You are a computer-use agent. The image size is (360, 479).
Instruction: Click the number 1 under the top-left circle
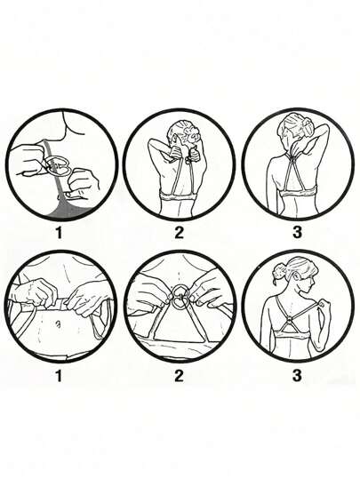(x=59, y=234)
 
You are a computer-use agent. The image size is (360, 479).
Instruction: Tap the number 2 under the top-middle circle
(x=179, y=233)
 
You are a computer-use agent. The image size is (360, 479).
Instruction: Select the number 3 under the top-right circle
(x=297, y=232)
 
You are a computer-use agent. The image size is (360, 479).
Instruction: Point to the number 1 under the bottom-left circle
(x=59, y=375)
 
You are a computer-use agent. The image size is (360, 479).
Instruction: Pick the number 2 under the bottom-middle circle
(x=179, y=375)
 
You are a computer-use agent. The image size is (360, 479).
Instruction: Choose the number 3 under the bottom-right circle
(x=297, y=375)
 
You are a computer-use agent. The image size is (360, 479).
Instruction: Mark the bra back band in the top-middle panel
(x=178, y=196)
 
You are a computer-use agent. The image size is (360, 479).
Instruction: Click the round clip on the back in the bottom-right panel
(x=291, y=322)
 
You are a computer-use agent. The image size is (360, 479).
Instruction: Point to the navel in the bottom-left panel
(x=58, y=323)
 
